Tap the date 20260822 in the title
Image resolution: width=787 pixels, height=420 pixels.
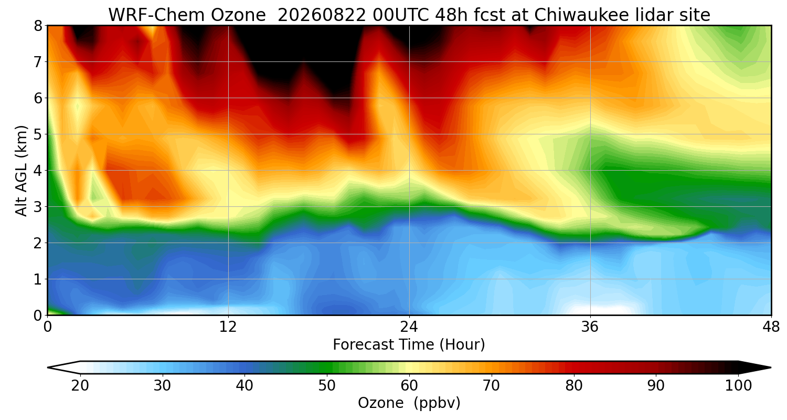coord(322,15)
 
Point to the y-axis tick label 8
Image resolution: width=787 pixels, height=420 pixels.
coord(38,26)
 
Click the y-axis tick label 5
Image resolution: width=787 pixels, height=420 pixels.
coord(38,134)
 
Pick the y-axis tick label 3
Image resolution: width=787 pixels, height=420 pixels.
coord(38,207)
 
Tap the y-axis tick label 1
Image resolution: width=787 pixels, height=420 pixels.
coord(38,279)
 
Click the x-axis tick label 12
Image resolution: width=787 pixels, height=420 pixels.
coord(228,327)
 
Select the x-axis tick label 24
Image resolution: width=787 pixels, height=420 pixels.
coord(409,327)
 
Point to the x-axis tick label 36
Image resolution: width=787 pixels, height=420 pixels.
coord(590,327)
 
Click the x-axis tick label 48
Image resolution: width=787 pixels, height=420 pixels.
coord(771,327)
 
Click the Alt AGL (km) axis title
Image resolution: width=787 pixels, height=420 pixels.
coord(21,171)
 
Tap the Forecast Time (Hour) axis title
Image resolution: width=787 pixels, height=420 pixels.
coord(409,345)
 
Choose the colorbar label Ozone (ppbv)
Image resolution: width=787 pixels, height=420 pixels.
coord(409,403)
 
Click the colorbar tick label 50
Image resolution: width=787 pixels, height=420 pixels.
coord(327,386)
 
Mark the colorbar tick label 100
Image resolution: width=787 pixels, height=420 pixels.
coord(738,386)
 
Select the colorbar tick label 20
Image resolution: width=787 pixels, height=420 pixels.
coord(80,386)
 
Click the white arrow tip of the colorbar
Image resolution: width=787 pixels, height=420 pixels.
coord(48,367)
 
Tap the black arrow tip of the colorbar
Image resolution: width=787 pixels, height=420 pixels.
coord(771,367)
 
